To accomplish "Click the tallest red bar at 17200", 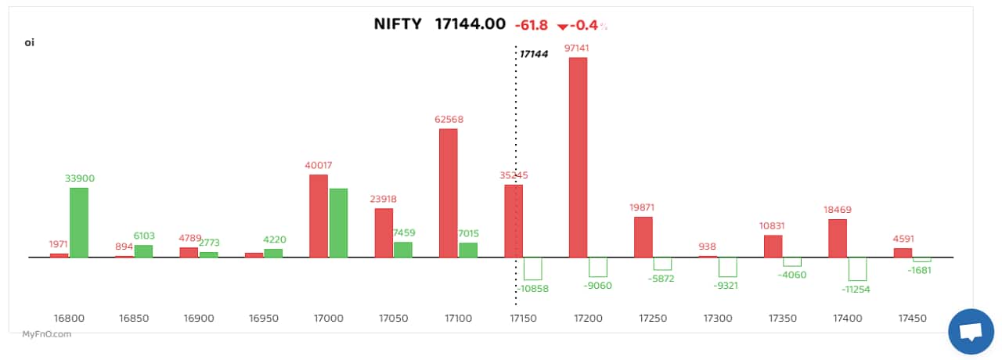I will click(578, 157).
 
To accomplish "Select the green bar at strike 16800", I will click(79, 222).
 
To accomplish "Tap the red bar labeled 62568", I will click(449, 193).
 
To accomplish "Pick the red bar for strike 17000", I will click(319, 215).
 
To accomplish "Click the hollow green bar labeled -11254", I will click(857, 268).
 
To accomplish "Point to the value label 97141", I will click(576, 48).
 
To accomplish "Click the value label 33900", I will click(79, 178).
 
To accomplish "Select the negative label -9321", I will click(727, 285).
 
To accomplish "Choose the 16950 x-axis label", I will click(263, 319).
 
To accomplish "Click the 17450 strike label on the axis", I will click(912, 319).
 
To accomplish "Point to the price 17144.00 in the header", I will click(470, 24).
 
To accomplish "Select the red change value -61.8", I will click(530, 26).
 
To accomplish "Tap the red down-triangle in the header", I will click(561, 27).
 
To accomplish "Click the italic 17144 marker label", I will click(534, 54).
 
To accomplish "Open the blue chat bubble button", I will click(971, 332).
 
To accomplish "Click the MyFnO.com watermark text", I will click(47, 334).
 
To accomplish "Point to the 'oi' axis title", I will click(30, 42).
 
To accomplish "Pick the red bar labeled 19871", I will click(643, 236).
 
